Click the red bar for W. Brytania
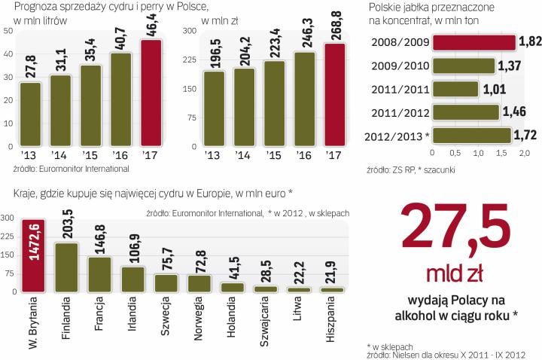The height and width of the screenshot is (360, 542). [x=33, y=254]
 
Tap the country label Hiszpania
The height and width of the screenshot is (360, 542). [x=331, y=321]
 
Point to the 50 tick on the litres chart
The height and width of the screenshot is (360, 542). [x=8, y=31]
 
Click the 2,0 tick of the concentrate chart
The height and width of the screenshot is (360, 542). [x=525, y=154]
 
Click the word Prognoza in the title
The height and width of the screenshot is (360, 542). [x=26, y=8]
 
